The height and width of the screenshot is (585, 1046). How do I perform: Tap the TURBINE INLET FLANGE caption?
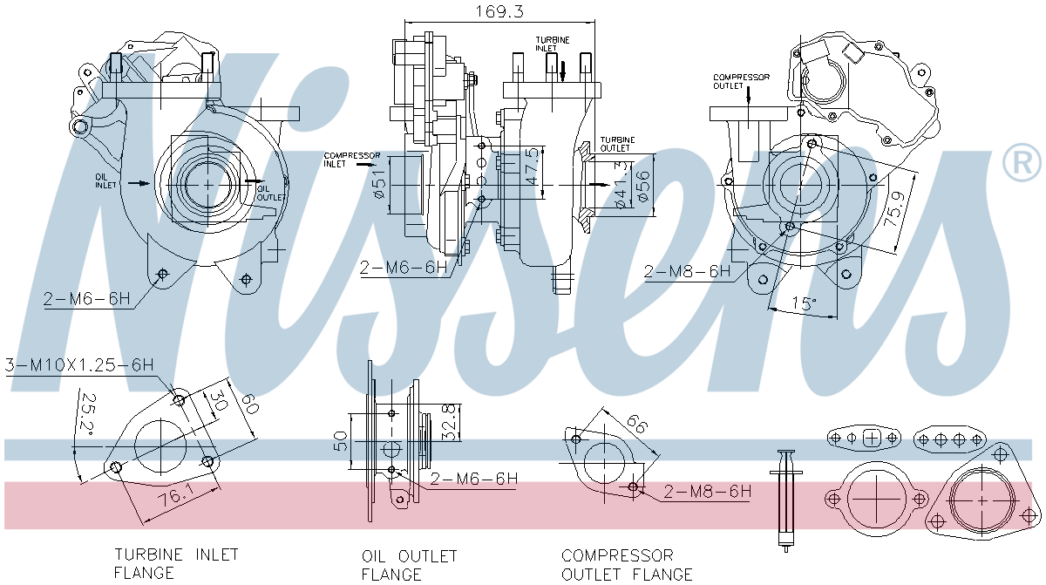175,563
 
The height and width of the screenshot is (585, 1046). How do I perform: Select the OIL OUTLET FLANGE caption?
409,564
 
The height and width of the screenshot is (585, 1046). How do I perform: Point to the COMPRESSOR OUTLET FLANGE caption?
627,564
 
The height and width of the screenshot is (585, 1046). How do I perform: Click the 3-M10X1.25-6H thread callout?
79,364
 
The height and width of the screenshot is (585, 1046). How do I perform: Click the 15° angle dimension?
804,304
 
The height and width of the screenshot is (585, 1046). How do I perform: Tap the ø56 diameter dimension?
643,185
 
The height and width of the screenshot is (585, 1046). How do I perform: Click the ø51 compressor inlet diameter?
379,185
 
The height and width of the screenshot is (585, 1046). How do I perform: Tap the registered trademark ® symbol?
1022,164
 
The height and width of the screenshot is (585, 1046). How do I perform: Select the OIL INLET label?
105,180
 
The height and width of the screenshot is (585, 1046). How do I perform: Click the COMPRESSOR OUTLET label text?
741,81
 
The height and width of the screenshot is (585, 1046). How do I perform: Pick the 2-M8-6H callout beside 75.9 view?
687,271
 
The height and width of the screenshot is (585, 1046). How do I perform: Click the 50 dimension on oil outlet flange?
341,441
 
